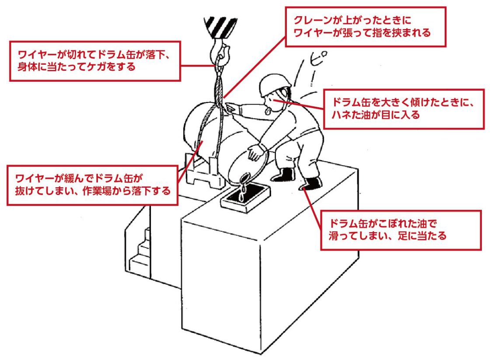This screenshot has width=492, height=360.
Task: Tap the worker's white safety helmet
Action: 274,84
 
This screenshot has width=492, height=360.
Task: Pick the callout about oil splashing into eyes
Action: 404,109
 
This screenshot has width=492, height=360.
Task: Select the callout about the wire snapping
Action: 94,61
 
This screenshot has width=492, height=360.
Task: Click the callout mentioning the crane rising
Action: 365,27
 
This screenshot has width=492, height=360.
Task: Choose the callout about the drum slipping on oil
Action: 401,230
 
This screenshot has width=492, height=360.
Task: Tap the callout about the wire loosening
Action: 92,185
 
